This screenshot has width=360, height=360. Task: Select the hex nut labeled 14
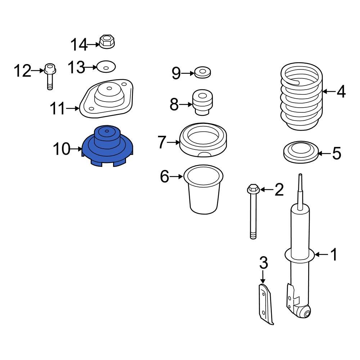point(106,42)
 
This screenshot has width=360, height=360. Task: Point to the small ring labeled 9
point(203,72)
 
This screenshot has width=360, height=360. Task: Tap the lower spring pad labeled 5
point(300,153)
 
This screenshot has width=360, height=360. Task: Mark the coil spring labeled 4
point(301,97)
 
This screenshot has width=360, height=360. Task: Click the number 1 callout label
point(334,255)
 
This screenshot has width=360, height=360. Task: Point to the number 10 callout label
point(62,149)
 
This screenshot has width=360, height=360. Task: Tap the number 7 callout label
point(162,143)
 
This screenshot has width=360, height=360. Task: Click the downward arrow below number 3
point(263,277)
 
